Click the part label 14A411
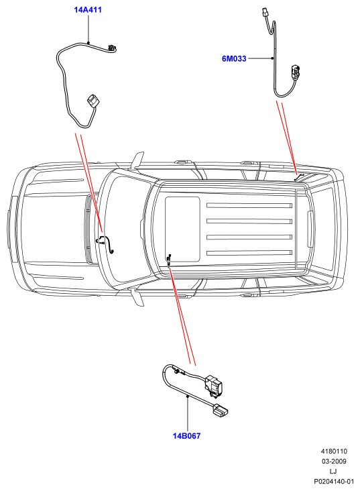coord(88,9)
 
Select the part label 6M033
coord(234,58)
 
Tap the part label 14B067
coord(186,436)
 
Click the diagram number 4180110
coord(334,451)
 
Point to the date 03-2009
coord(334,461)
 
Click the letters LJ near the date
coord(333,472)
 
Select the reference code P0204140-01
coord(334,482)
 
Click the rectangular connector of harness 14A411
coord(93,101)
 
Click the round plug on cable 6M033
coord(295,71)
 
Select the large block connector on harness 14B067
coord(213,385)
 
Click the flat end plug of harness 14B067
coord(220,411)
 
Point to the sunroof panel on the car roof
coord(182,229)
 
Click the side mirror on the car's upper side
coord(137,160)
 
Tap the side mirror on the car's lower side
coord(137,297)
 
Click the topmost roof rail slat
coord(249,205)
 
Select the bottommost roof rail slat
coord(249,253)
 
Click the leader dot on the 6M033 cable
coord(273,58)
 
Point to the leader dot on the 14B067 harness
coord(187,396)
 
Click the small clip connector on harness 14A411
coord(112,48)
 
